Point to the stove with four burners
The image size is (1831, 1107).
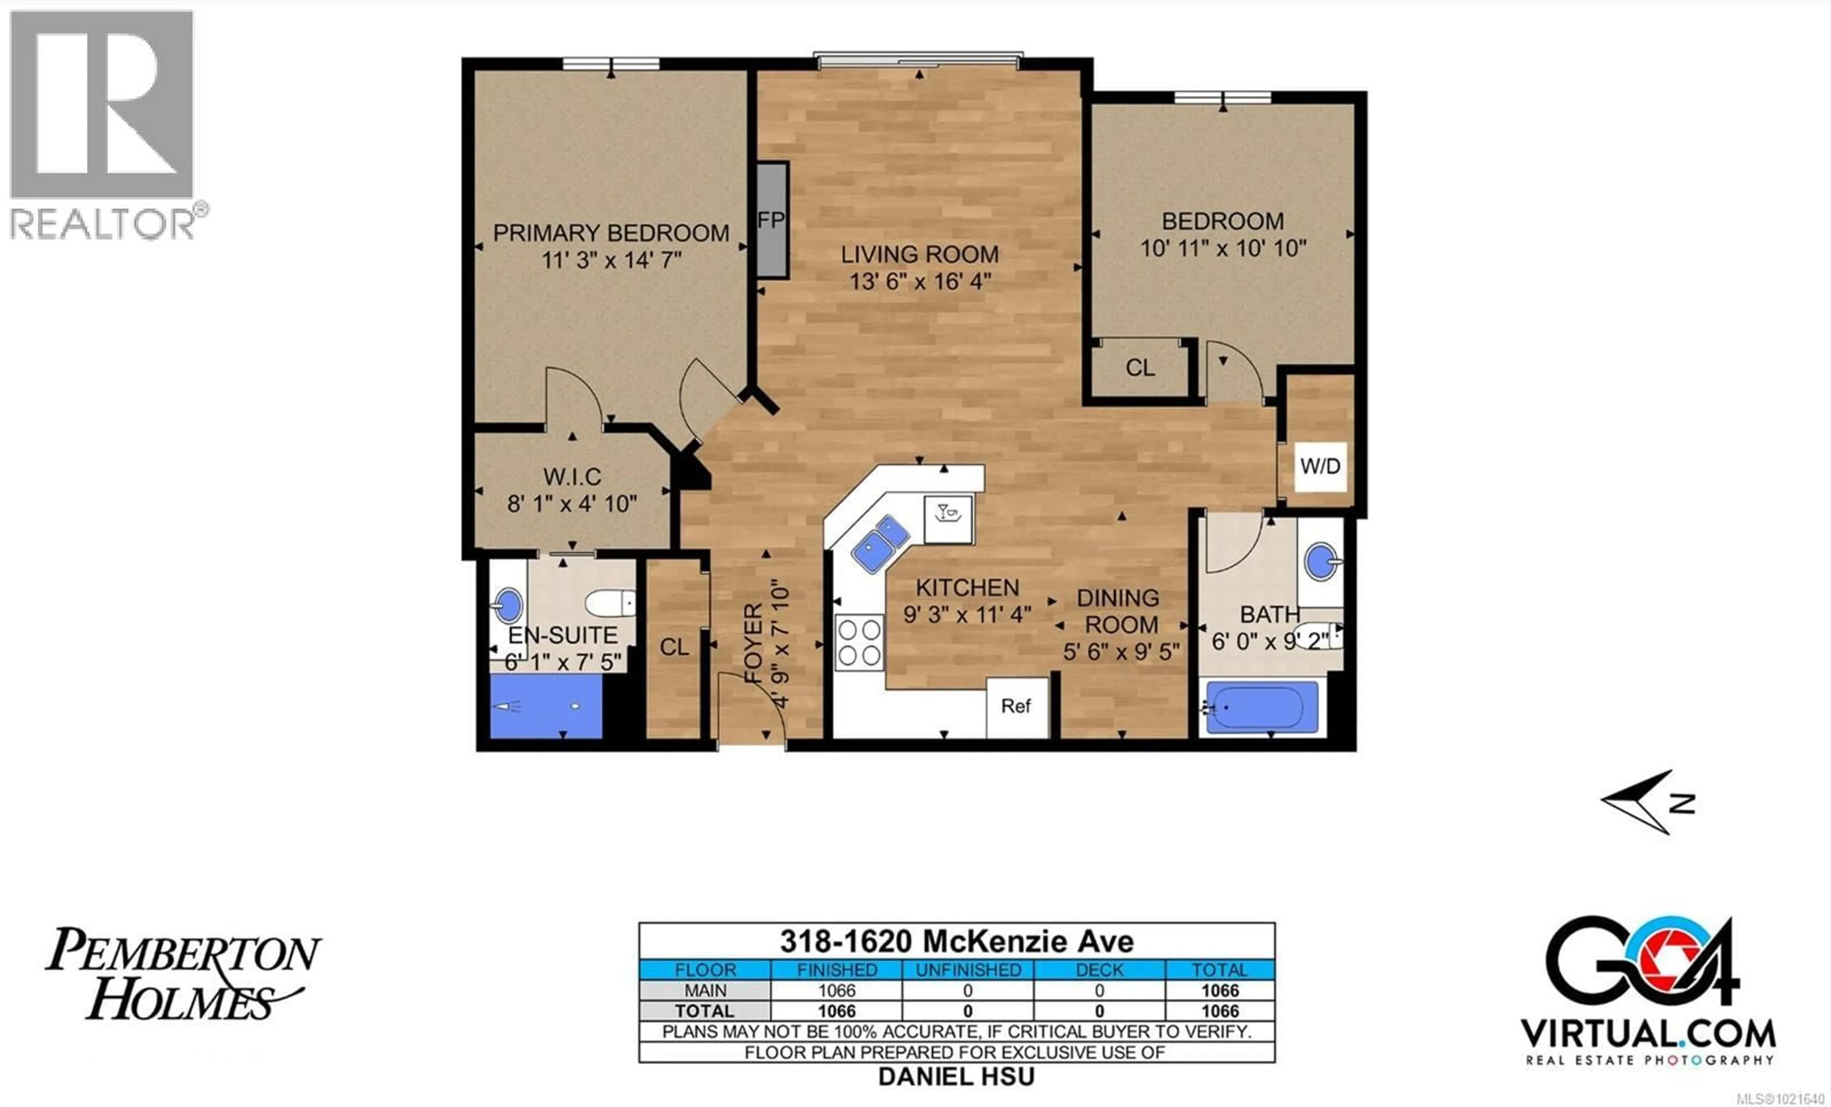(859, 643)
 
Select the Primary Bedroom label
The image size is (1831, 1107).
(611, 233)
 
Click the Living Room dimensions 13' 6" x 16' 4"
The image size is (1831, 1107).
(920, 282)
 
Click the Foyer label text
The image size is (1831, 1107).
(753, 644)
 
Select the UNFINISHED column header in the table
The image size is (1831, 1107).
(967, 970)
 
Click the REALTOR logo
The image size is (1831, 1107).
(104, 126)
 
